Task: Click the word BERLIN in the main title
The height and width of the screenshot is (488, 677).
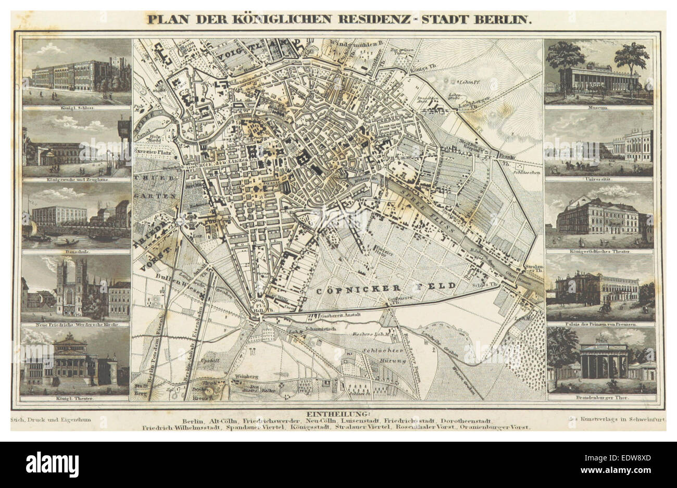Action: (505, 20)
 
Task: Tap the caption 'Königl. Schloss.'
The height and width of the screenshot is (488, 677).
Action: (76, 108)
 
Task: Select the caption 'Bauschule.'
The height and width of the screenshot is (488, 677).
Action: (76, 252)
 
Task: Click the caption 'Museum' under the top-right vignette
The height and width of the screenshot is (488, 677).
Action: (599, 108)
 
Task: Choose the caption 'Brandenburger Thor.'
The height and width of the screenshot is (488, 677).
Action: (602, 398)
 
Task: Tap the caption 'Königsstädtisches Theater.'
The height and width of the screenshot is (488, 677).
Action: (600, 252)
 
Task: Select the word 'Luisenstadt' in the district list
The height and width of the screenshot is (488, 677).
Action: (357, 420)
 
